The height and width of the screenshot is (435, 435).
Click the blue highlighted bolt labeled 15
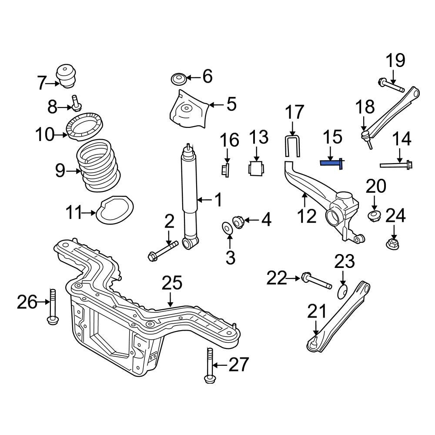(331, 163)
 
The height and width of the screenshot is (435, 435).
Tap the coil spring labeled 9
(99, 167)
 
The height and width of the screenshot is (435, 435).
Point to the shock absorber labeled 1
(190, 196)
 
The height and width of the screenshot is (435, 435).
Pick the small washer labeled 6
(178, 79)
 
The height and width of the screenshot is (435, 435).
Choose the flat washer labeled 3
(227, 227)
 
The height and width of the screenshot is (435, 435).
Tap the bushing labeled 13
(256, 168)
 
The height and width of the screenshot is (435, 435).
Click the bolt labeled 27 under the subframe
(210, 365)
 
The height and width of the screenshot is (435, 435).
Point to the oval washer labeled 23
(342, 291)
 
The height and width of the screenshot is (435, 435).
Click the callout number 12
(307, 216)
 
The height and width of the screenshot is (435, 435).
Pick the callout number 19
(395, 60)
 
